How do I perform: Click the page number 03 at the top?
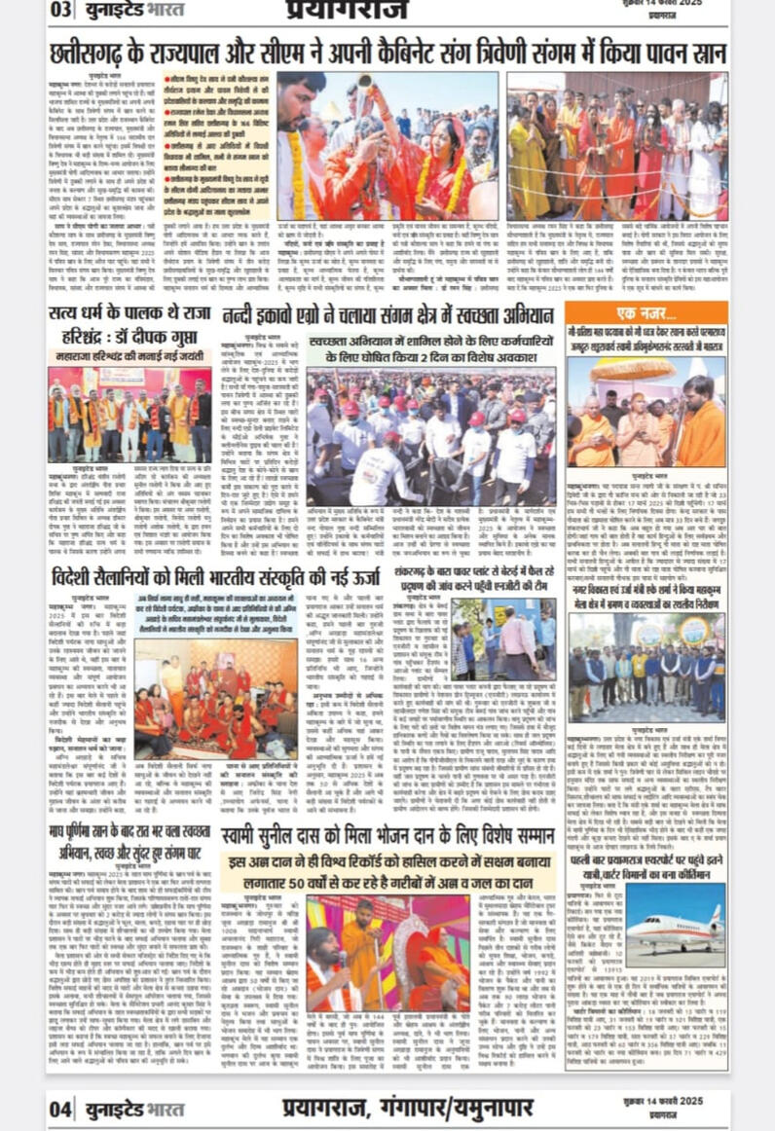coord(60,11)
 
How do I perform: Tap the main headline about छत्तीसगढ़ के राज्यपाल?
coord(387,49)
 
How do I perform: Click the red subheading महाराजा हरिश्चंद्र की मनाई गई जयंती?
coord(129,357)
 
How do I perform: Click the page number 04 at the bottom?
coord(60,1108)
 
